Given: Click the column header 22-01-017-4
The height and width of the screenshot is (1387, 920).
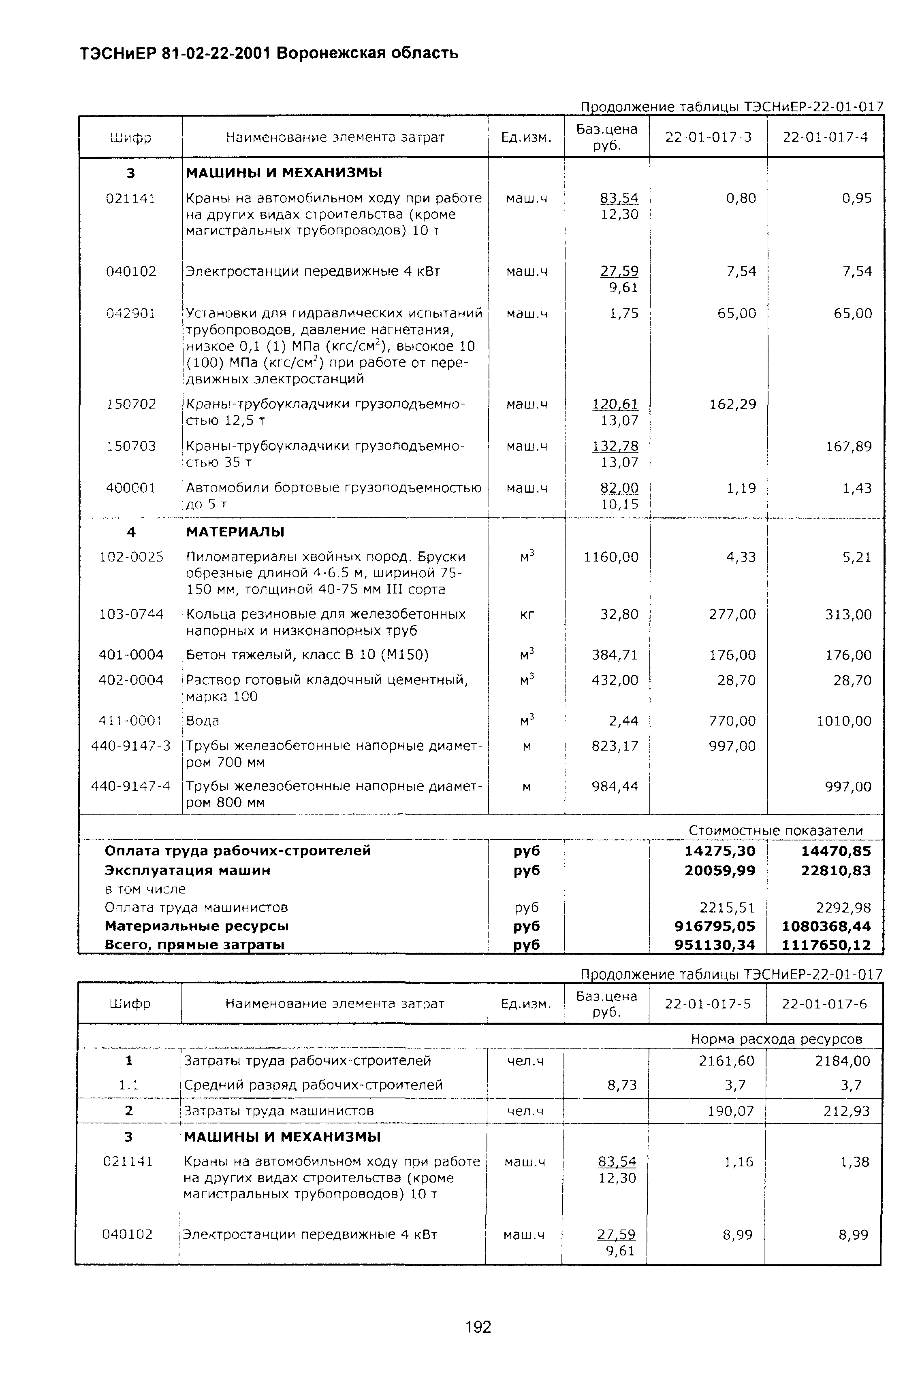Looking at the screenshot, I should pyautogui.click(x=825, y=137).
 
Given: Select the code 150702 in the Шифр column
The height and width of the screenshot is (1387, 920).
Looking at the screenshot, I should pyautogui.click(x=131, y=404).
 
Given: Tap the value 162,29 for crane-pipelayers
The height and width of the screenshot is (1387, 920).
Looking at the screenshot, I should pyautogui.click(x=733, y=404).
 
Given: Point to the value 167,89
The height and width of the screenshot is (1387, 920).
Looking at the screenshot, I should pyautogui.click(x=848, y=447).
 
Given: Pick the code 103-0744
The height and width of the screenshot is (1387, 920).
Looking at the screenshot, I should pyautogui.click(x=131, y=615).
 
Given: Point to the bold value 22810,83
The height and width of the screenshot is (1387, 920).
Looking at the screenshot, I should pyautogui.click(x=836, y=870).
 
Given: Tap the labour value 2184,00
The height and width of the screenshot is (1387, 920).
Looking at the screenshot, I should pyautogui.click(x=843, y=1060).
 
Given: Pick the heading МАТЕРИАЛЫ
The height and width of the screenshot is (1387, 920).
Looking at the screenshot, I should pyautogui.click(x=235, y=532).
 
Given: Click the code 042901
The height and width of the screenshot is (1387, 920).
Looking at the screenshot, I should pyautogui.click(x=131, y=314).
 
